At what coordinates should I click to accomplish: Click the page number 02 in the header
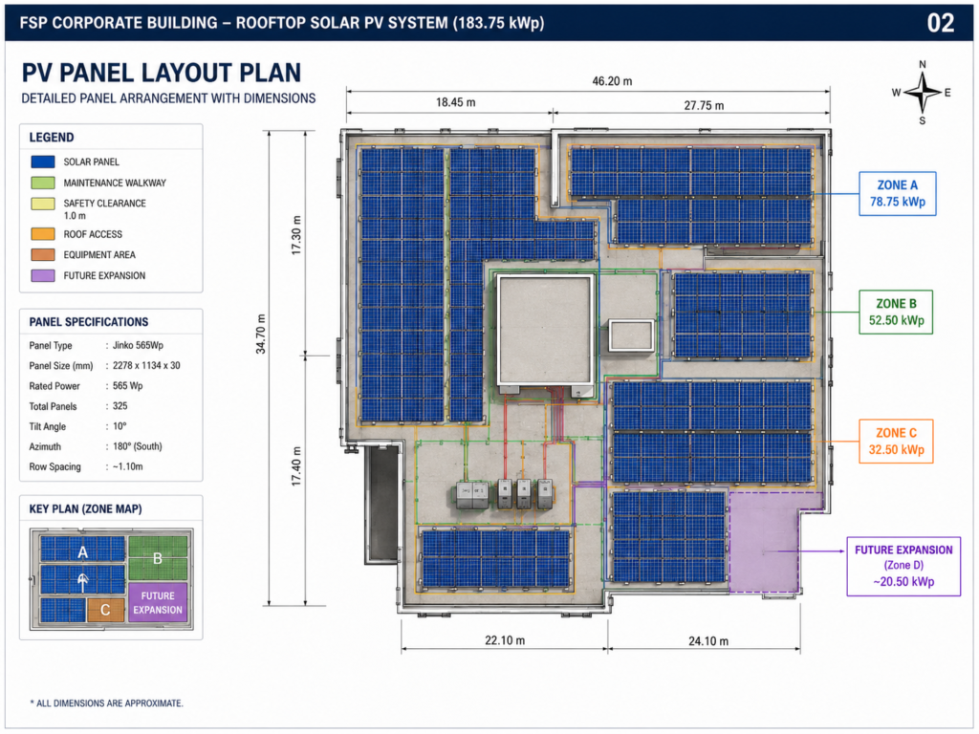(x=941, y=23)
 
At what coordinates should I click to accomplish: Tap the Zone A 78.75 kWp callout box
(x=897, y=193)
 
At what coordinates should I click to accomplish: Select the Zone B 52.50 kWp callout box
(x=896, y=313)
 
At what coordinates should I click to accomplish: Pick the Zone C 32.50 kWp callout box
(x=896, y=442)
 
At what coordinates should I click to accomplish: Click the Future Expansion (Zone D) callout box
(x=903, y=566)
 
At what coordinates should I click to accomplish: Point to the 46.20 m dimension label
(x=612, y=81)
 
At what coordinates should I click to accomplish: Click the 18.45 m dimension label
(x=456, y=102)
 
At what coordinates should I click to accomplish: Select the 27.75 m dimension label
(x=704, y=105)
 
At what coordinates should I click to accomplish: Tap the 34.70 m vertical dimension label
(x=261, y=334)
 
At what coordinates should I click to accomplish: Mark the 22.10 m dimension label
(x=505, y=640)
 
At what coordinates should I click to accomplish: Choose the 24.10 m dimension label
(x=708, y=641)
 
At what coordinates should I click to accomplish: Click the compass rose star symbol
(x=923, y=93)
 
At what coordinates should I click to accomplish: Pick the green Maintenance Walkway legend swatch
(x=43, y=183)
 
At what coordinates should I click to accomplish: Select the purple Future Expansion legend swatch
(x=43, y=275)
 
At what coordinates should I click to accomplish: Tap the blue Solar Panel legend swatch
(x=43, y=162)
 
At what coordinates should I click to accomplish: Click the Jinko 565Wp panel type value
(x=138, y=345)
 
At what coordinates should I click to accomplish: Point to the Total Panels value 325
(x=120, y=405)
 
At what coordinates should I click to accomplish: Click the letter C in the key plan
(x=105, y=610)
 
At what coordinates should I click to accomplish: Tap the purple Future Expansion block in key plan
(x=158, y=602)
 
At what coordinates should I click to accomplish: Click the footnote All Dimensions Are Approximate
(x=107, y=703)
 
